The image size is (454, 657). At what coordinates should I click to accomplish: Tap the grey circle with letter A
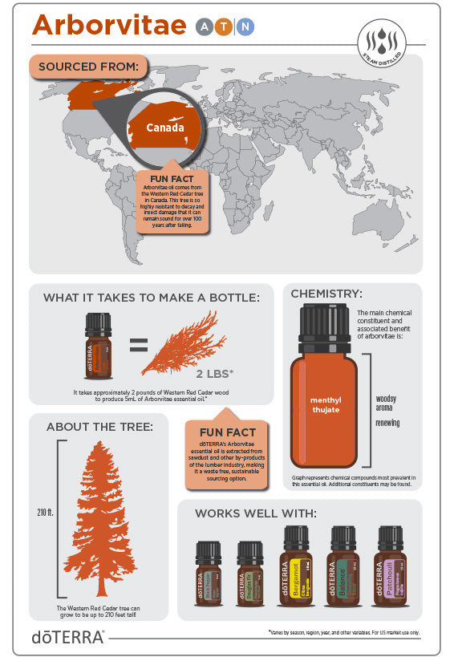point(205,27)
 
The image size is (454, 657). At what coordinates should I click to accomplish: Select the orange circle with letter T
point(225,27)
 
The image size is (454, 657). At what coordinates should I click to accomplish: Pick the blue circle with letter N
point(245,27)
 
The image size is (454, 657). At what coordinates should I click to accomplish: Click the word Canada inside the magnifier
point(164,128)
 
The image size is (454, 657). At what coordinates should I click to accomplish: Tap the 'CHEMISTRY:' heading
point(326,294)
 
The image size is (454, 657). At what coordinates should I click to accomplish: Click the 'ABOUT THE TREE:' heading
point(99,426)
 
